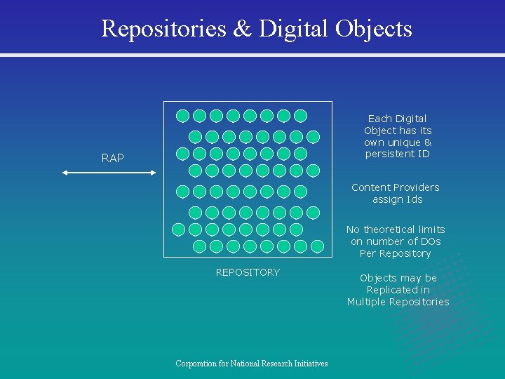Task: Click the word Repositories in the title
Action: coord(163,29)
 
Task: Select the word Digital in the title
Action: coord(294,29)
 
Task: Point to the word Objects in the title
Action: coord(373,29)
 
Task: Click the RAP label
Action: coord(112,159)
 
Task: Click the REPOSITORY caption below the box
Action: coord(248,272)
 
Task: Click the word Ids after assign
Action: coord(412,199)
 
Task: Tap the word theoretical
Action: coord(398,230)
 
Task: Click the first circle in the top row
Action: coord(182,116)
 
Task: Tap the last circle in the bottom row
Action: coord(317,246)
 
